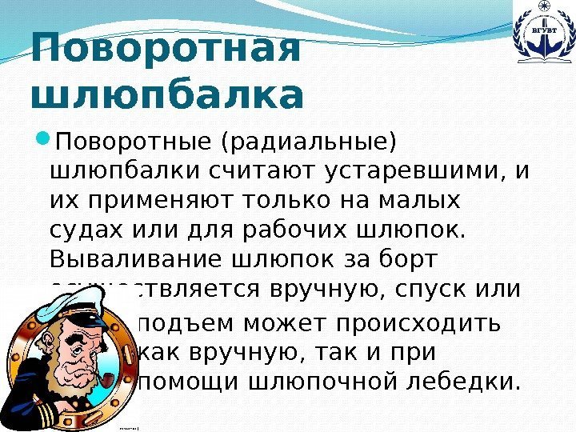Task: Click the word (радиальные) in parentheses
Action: [x=312, y=145]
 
